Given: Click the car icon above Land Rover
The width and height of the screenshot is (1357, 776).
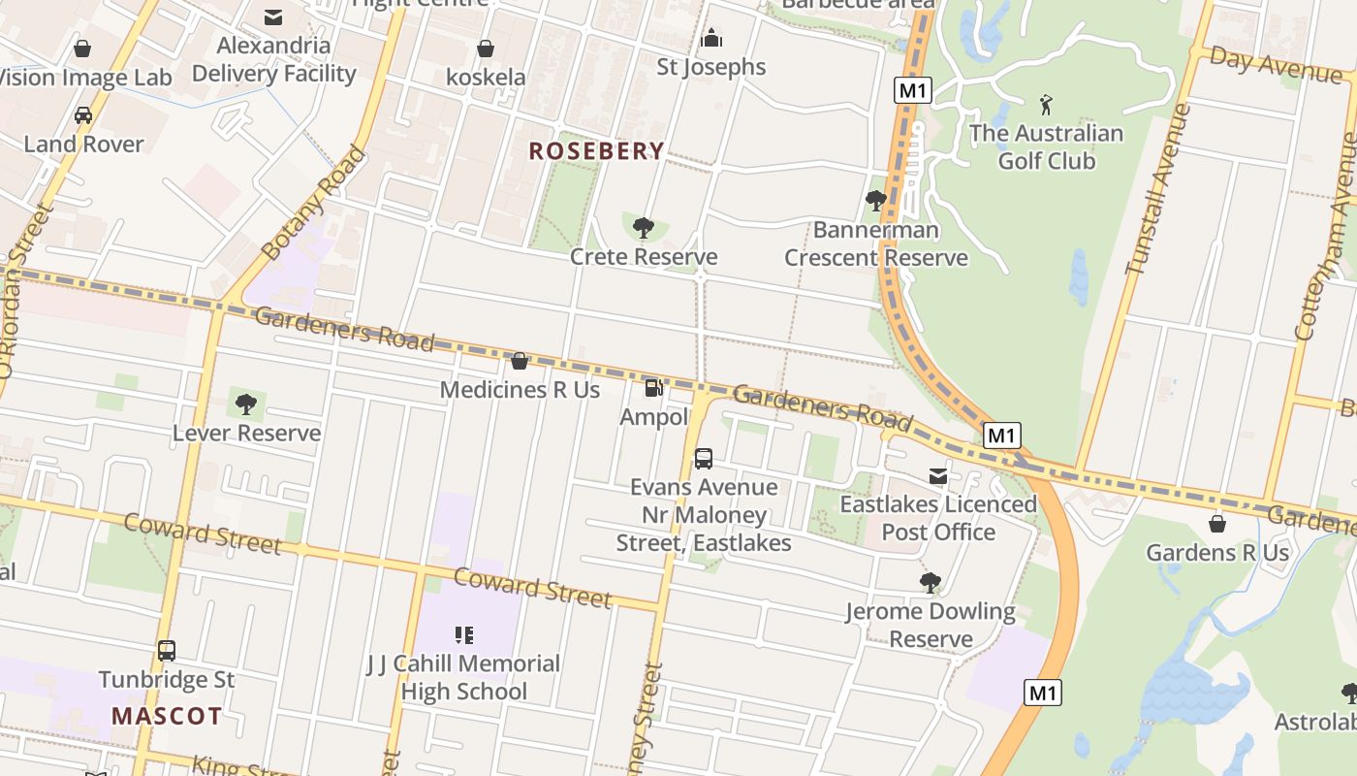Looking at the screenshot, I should pyautogui.click(x=83, y=115).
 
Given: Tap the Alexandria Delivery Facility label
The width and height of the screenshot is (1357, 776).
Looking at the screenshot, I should pyautogui.click(x=273, y=59).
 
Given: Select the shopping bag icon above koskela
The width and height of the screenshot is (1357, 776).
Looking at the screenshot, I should pyautogui.click(x=486, y=48).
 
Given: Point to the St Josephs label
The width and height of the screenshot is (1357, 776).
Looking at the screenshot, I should pyautogui.click(x=710, y=67).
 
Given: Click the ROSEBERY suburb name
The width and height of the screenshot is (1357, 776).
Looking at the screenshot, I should pyautogui.click(x=596, y=151).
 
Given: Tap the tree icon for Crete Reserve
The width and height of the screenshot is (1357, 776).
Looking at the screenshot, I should pyautogui.click(x=643, y=228).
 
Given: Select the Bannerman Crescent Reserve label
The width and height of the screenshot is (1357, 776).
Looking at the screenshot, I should pyautogui.click(x=875, y=243).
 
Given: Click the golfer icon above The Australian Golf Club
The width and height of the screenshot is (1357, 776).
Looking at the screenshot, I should pyautogui.click(x=1045, y=104).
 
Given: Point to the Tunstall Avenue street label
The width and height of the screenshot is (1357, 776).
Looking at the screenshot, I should pyautogui.click(x=1158, y=189).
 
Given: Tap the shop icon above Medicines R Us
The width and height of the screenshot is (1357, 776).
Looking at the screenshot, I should pyautogui.click(x=520, y=361).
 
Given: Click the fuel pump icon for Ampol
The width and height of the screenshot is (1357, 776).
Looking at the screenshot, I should pyautogui.click(x=654, y=387).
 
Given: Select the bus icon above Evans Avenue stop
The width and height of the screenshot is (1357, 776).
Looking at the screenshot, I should pyautogui.click(x=704, y=458).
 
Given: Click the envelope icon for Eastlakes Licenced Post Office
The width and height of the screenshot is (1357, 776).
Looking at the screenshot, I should pyautogui.click(x=938, y=476).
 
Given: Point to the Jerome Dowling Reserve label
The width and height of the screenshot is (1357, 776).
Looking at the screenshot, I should pyautogui.click(x=930, y=625).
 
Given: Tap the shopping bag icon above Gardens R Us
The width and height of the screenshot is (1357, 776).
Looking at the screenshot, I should pyautogui.click(x=1217, y=524).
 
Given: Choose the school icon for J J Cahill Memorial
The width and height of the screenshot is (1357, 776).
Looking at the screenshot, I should pyautogui.click(x=463, y=635).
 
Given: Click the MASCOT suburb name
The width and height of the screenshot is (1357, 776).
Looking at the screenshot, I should pyautogui.click(x=167, y=717).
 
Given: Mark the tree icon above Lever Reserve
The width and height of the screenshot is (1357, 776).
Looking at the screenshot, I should pyautogui.click(x=246, y=404).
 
